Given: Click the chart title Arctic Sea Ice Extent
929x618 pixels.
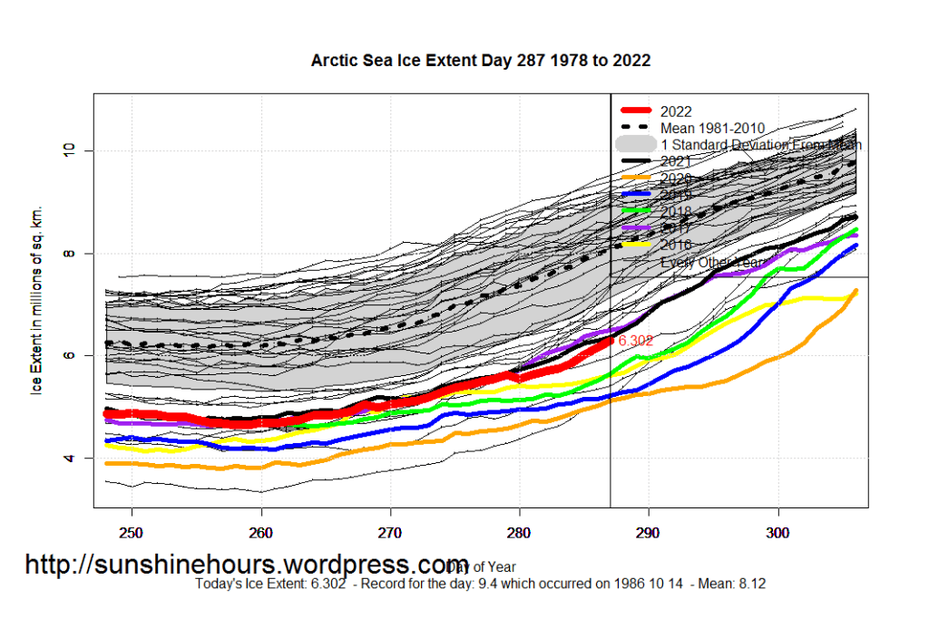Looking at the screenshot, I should pyautogui.click(x=481, y=62).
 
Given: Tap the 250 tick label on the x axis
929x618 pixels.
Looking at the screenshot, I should pyautogui.click(x=132, y=530).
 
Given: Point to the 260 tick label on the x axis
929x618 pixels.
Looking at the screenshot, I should pyautogui.click(x=261, y=530).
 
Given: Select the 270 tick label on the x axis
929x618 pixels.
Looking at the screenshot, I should pyautogui.click(x=390, y=530).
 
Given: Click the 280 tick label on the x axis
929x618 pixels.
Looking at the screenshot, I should pyautogui.click(x=519, y=530).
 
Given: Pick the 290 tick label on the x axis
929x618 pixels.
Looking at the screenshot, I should pyautogui.click(x=648, y=530).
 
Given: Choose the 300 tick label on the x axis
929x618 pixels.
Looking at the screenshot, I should pyautogui.click(x=777, y=530).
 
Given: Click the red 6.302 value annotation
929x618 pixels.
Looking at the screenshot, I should pyautogui.click(x=636, y=342).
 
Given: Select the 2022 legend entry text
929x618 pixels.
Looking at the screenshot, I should pyautogui.click(x=677, y=112).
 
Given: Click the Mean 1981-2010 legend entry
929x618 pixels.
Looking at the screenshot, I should pyautogui.click(x=712, y=129).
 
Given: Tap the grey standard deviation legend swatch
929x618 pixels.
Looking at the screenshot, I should pyautogui.click(x=635, y=145).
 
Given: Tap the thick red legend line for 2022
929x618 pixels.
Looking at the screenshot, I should pyautogui.click(x=635, y=112).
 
